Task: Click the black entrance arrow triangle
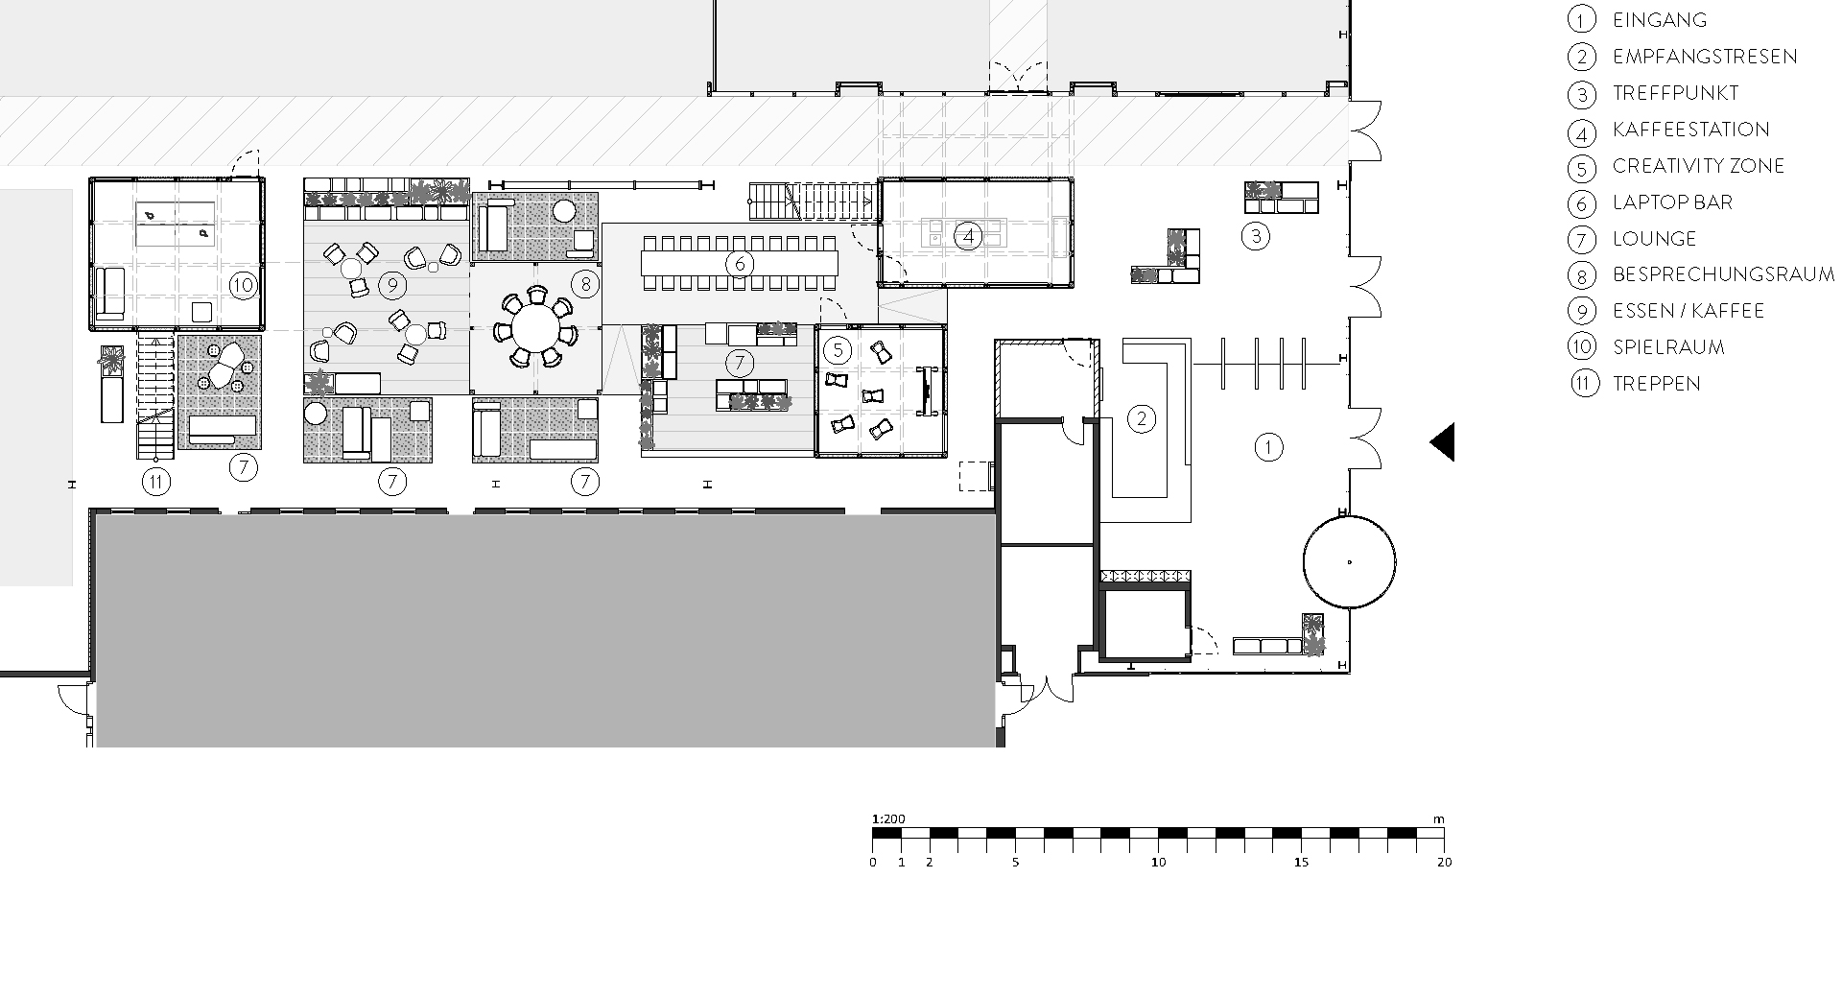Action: pyautogui.click(x=1444, y=442)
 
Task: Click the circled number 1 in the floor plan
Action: pyautogui.click(x=1268, y=446)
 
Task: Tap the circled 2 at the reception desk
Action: pyautogui.click(x=1141, y=418)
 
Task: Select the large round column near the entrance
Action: pyautogui.click(x=1349, y=562)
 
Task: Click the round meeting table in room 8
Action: pyautogui.click(x=536, y=329)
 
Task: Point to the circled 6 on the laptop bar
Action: pyautogui.click(x=740, y=263)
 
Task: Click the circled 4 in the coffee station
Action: pyautogui.click(x=968, y=235)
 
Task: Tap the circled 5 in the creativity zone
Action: pyautogui.click(x=837, y=349)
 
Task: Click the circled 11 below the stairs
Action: pyautogui.click(x=155, y=482)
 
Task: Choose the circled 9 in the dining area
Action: pyautogui.click(x=390, y=284)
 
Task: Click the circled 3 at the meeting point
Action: pyautogui.click(x=1256, y=236)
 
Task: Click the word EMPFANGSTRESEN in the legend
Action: pyautogui.click(x=1705, y=57)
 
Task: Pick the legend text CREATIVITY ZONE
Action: pyautogui.click(x=1698, y=166)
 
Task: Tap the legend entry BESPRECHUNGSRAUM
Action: pyautogui.click(x=1723, y=274)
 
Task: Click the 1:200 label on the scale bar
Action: pyautogui.click(x=888, y=819)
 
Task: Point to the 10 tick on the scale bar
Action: pyautogui.click(x=1159, y=863)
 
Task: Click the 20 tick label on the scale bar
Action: pyautogui.click(x=1445, y=863)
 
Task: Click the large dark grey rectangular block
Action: pyautogui.click(x=545, y=629)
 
